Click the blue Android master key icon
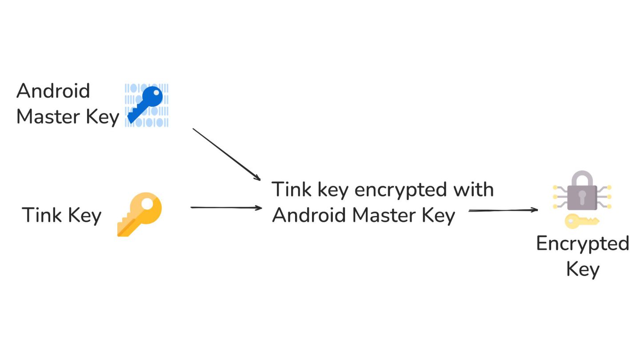click(x=146, y=105)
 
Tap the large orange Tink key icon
click(x=140, y=214)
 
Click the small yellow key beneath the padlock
click(x=581, y=220)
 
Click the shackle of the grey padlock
click(x=582, y=179)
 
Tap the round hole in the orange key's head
click(x=151, y=205)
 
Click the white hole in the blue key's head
click(x=155, y=94)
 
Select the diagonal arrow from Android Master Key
click(x=226, y=154)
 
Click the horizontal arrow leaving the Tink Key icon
click(x=226, y=208)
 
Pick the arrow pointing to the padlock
click(x=503, y=211)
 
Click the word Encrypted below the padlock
click(x=582, y=244)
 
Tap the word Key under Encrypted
click(x=583, y=269)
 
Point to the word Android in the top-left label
click(x=53, y=91)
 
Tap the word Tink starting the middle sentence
click(x=287, y=189)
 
